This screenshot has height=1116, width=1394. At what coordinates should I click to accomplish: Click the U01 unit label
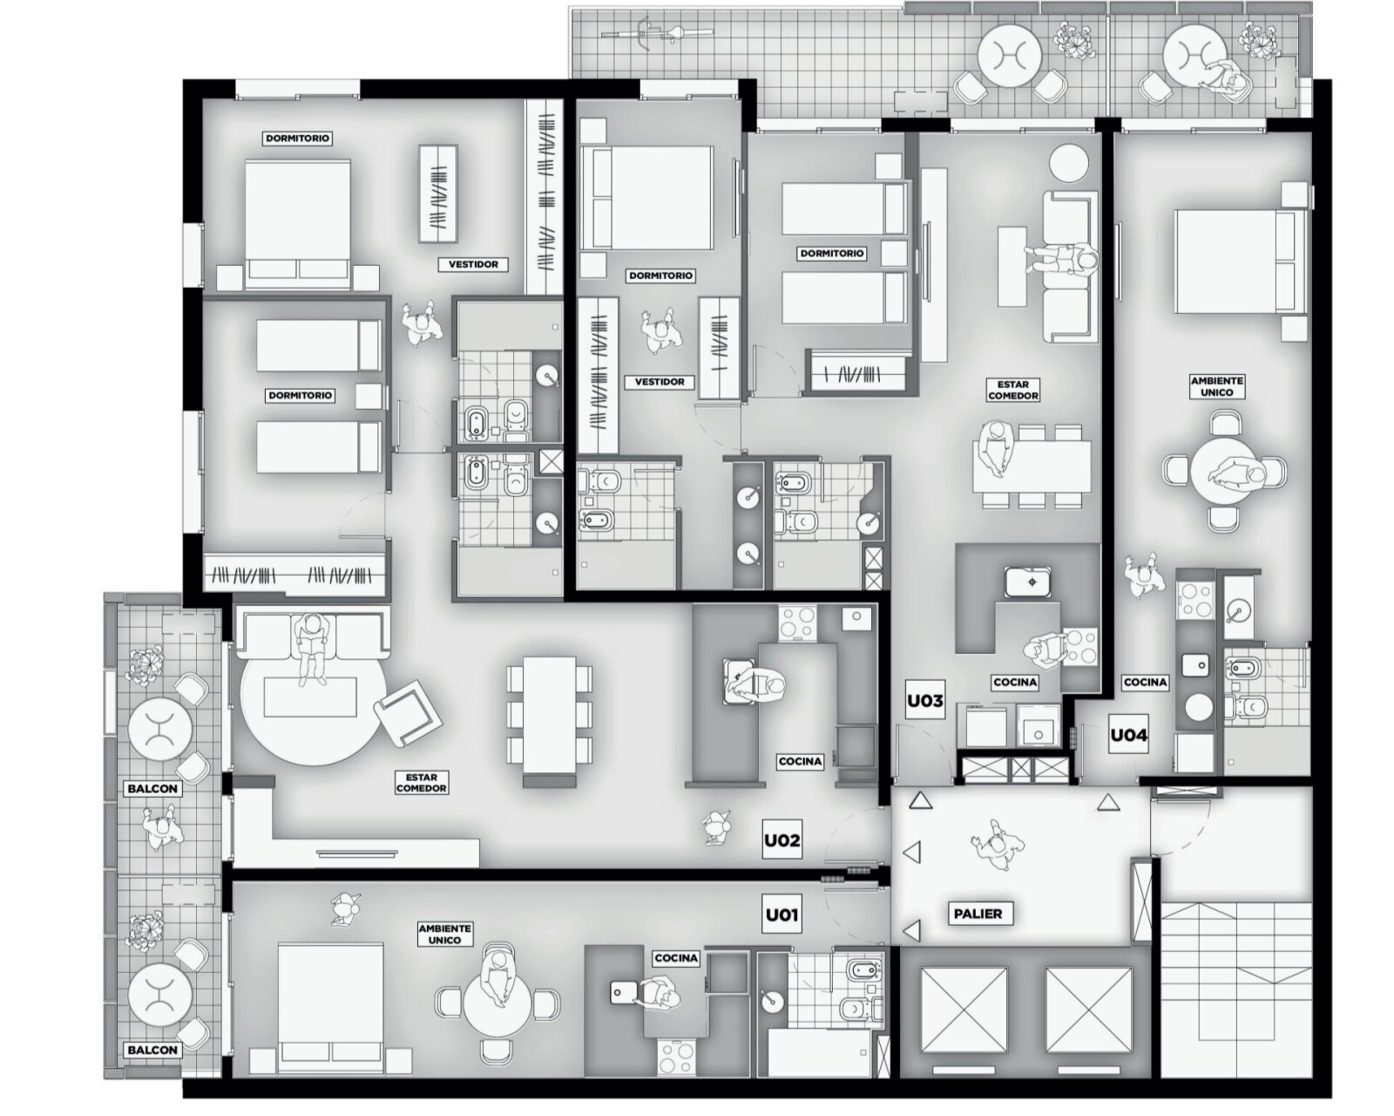click(782, 915)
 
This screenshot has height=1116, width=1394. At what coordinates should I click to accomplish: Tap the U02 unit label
click(782, 840)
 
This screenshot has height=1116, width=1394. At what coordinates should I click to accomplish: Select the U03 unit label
click(925, 700)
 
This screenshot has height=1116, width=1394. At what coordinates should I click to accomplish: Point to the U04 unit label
click(1128, 735)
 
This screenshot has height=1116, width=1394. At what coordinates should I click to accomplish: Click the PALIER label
click(978, 914)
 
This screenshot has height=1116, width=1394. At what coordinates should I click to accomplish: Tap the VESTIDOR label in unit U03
click(660, 382)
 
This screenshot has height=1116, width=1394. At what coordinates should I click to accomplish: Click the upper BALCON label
click(152, 789)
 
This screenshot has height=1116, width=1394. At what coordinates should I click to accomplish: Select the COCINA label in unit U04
click(1145, 682)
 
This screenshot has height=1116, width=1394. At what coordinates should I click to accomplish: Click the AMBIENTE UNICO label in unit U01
click(444, 935)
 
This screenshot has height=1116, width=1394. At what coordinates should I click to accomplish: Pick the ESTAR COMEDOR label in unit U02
click(421, 783)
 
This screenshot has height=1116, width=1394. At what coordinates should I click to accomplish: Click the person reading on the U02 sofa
click(313, 649)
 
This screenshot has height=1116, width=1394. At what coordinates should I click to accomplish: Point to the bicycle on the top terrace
click(649, 32)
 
